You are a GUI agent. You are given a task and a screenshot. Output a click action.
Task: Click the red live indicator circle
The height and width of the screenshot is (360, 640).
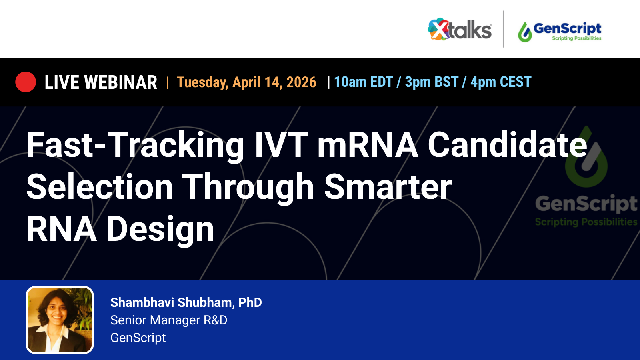click(x=26, y=82)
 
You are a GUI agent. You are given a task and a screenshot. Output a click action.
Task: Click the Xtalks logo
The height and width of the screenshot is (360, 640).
click(x=460, y=29)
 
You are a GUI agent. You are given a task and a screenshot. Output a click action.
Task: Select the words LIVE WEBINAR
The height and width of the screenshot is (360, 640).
click(x=101, y=82)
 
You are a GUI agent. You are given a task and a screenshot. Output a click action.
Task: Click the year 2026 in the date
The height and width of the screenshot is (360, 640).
click(x=301, y=82)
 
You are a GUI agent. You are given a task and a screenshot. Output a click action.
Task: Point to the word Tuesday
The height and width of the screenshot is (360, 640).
click(x=202, y=82)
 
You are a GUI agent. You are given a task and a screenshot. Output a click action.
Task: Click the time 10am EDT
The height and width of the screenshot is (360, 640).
click(x=363, y=82)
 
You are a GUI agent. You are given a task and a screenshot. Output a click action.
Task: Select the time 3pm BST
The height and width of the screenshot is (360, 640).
click(x=432, y=82)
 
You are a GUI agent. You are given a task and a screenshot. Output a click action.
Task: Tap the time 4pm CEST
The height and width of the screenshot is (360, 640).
click(x=501, y=82)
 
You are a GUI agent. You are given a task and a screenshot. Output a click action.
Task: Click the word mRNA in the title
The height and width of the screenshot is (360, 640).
click(x=367, y=145)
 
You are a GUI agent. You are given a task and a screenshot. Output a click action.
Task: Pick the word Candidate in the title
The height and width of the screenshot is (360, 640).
click(x=507, y=145)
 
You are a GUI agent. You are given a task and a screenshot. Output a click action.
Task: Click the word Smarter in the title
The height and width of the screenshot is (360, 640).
click(x=388, y=187)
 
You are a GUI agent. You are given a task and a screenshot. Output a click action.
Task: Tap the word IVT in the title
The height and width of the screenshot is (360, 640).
click(x=281, y=145)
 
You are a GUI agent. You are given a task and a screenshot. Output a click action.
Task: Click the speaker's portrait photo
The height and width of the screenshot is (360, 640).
click(x=60, y=320)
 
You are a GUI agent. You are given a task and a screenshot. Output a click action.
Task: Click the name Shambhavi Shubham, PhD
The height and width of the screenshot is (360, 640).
click(x=186, y=302)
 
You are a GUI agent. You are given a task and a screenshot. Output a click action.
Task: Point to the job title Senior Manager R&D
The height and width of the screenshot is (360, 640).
click(x=169, y=320)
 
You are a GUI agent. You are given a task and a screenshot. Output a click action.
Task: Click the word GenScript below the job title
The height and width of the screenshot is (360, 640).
click(x=138, y=338)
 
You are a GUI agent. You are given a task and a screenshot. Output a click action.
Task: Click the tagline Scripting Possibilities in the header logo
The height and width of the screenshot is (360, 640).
click(x=576, y=38)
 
